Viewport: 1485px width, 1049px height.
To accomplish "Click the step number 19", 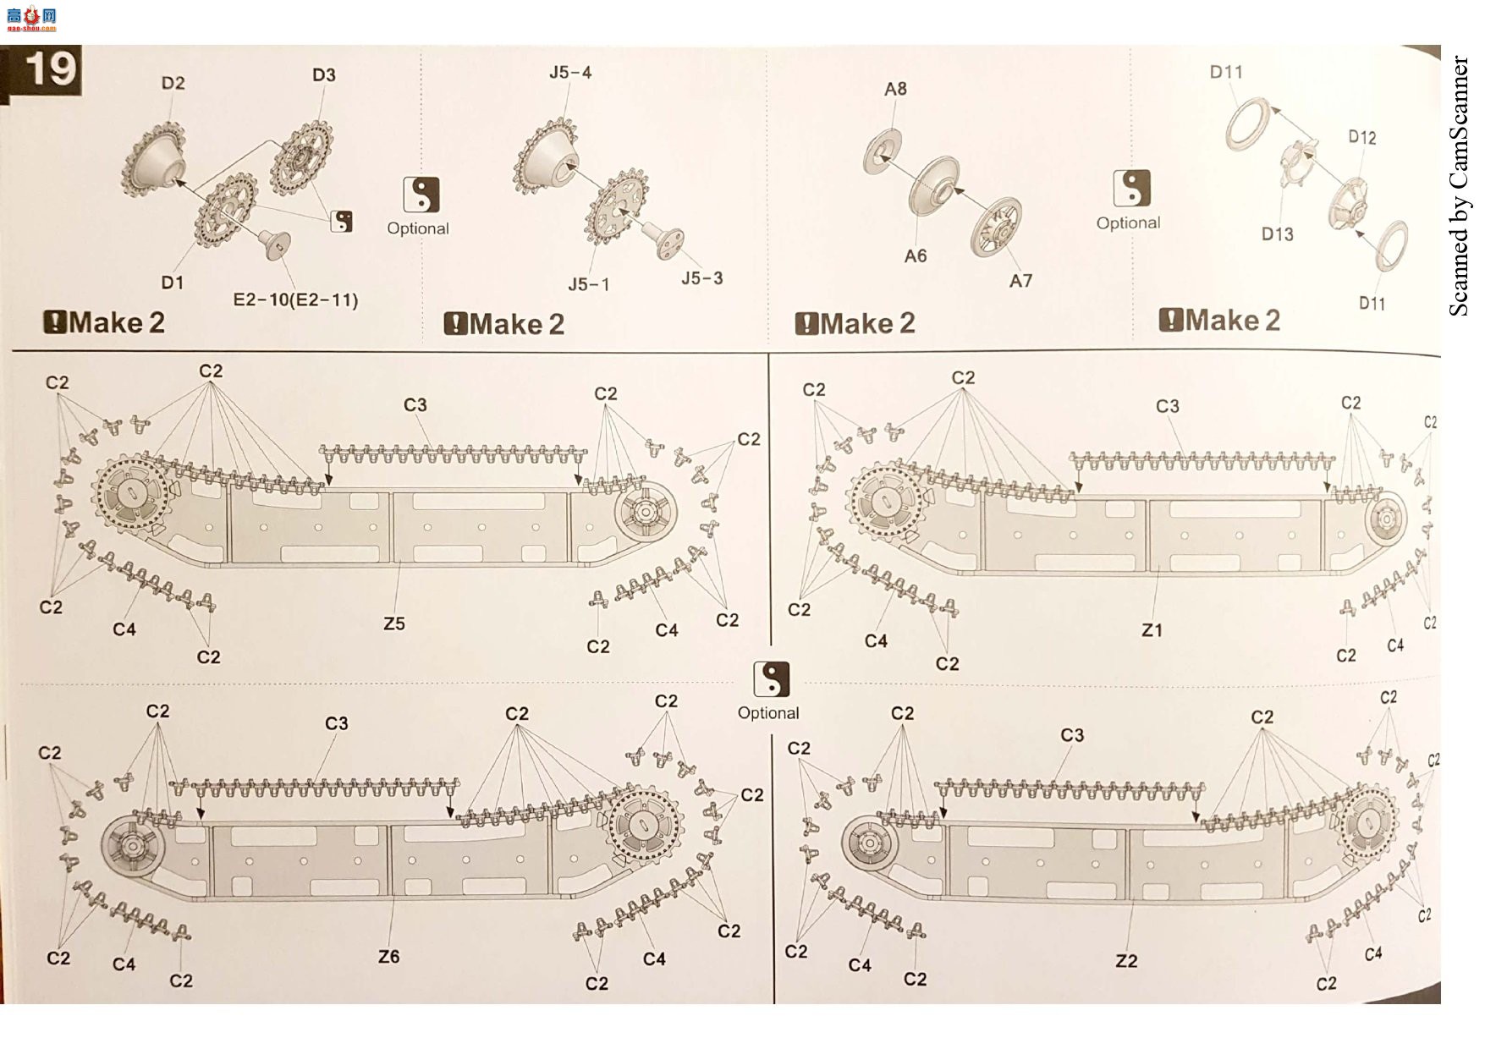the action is [51, 69].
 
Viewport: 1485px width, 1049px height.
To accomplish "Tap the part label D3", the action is [324, 75].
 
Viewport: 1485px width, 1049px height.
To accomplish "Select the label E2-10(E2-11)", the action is [295, 299].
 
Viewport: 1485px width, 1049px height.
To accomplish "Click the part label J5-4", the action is [570, 73].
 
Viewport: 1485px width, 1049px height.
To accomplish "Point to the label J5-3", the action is [702, 278].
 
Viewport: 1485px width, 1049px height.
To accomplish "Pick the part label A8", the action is [895, 89].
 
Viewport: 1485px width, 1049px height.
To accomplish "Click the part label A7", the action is [1020, 281].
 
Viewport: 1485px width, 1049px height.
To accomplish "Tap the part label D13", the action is [1277, 234].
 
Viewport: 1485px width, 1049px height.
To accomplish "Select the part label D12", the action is [1361, 137].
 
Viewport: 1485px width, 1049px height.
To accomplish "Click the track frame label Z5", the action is [394, 623].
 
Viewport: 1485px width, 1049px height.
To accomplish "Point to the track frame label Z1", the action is [1152, 630].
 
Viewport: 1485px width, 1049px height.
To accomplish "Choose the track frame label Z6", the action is [388, 957].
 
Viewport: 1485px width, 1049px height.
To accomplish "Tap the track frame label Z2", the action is [1126, 961].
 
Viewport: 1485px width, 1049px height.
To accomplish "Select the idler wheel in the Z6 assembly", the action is [134, 845].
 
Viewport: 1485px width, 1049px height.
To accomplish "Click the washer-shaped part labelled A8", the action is [883, 153].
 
